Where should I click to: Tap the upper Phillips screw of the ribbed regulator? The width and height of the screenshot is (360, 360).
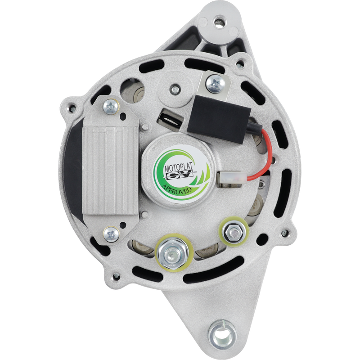tap(111, 107)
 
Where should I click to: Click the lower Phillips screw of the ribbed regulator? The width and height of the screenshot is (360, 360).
tap(111, 234)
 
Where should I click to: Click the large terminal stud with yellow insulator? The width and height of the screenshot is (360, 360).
tap(172, 252)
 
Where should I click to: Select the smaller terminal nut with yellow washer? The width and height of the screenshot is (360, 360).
tap(234, 233)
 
